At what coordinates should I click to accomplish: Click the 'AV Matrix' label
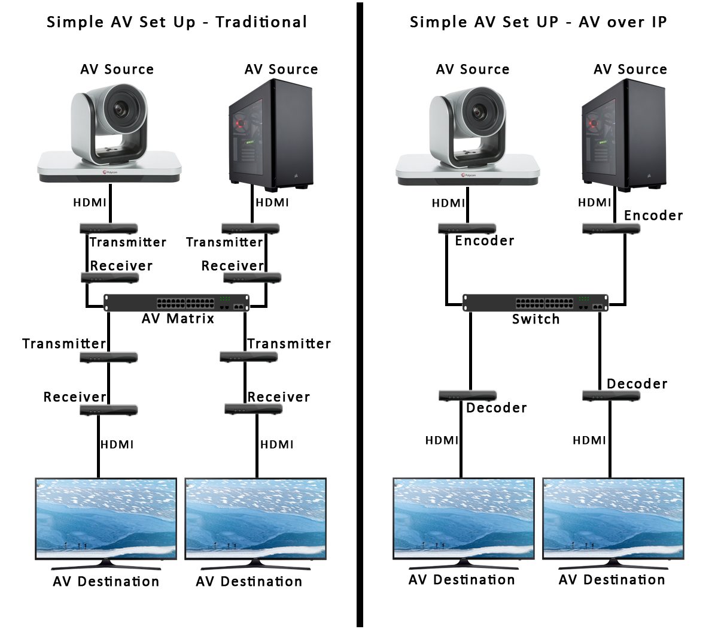pos(178,319)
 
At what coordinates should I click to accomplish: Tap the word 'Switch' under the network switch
pos(536,319)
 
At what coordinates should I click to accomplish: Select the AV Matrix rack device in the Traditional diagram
pos(177,303)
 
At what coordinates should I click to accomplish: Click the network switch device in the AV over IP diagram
pos(536,303)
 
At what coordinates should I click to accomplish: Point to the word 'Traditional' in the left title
pos(261,22)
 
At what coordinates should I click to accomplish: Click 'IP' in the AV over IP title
pos(658,22)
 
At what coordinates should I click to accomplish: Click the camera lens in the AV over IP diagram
pos(479,111)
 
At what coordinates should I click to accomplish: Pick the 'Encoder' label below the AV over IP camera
pos(484,241)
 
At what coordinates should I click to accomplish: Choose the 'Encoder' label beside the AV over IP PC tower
pos(653,216)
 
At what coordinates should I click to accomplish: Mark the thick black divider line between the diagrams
pos(360,314)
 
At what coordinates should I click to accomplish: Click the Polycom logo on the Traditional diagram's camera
pos(109,172)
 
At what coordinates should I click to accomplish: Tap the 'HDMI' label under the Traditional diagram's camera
pos(90,202)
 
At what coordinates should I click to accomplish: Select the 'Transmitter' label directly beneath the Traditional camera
pos(127,242)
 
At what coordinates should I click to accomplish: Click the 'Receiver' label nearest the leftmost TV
pos(75,397)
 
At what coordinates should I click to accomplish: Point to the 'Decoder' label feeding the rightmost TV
pos(637,384)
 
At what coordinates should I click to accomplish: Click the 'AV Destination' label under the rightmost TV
pos(611,580)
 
